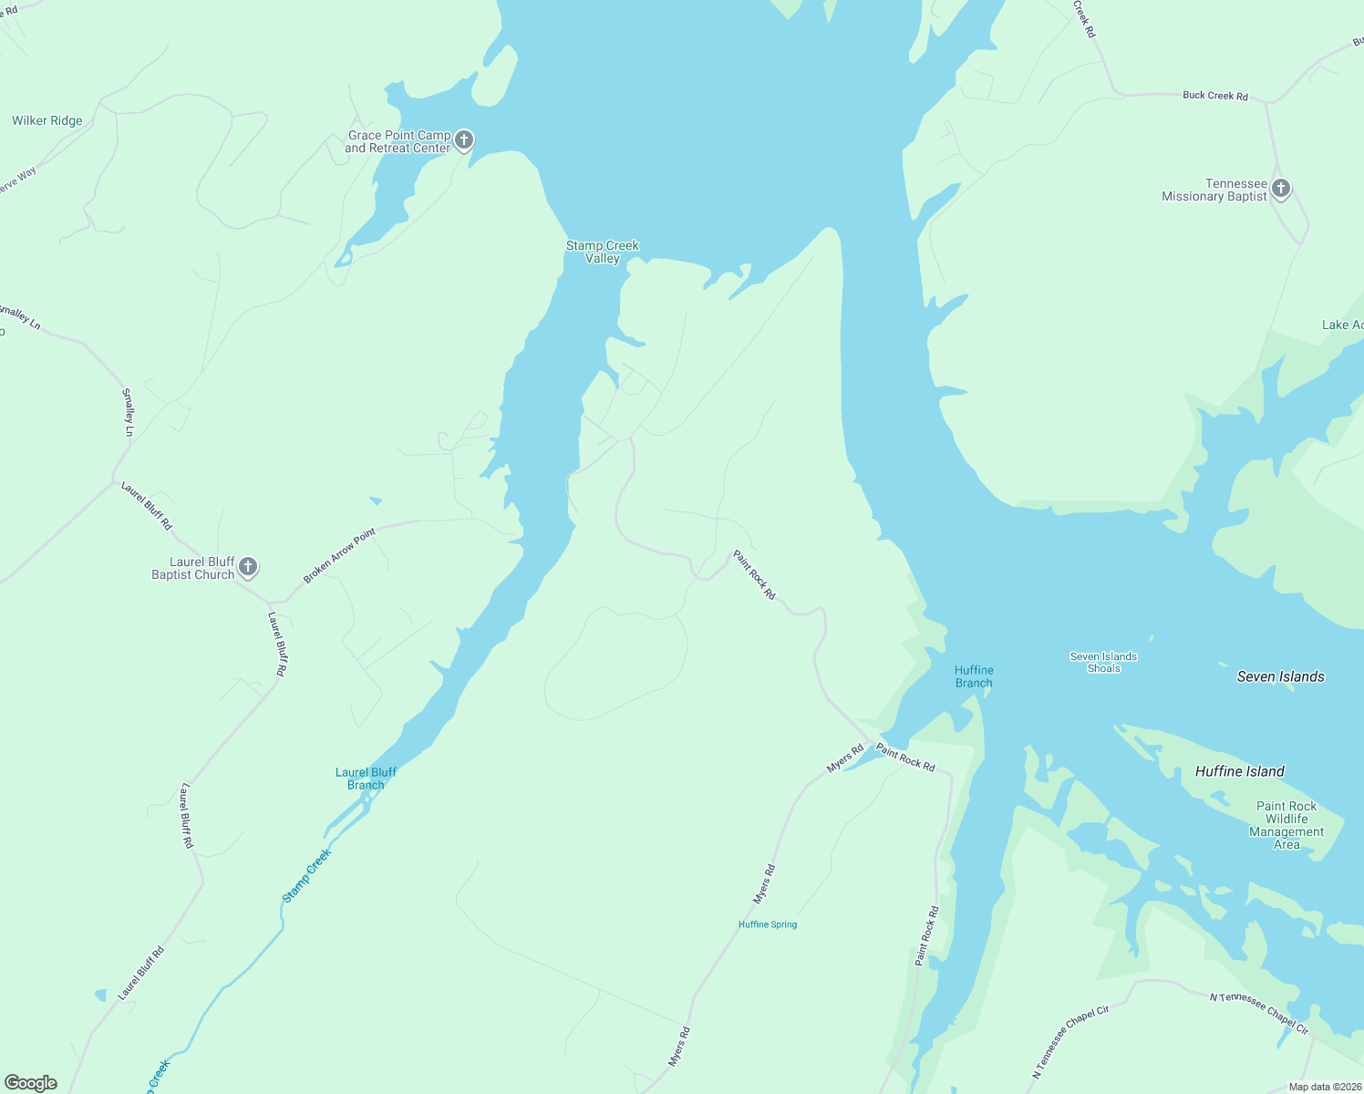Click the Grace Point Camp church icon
pyautogui.click(x=464, y=140)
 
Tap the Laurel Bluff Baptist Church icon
pyautogui.click(x=247, y=567)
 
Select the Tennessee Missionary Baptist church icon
pyautogui.click(x=1281, y=189)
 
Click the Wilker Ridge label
pyautogui.click(x=47, y=120)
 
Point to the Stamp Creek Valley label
pyautogui.click(x=602, y=252)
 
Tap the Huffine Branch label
pyautogui.click(x=974, y=676)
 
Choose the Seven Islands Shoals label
pyautogui.click(x=1103, y=662)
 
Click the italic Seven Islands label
pyautogui.click(x=1280, y=676)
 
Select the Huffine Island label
pyautogui.click(x=1239, y=771)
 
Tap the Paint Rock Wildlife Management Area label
pyautogui.click(x=1286, y=825)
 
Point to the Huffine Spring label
pyautogui.click(x=768, y=924)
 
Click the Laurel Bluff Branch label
pyautogui.click(x=366, y=779)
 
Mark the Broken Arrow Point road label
pyautogui.click(x=339, y=556)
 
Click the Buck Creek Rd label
pyautogui.click(x=1214, y=95)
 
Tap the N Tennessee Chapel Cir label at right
pyautogui.click(x=1259, y=1013)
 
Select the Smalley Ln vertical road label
pyautogui.click(x=128, y=412)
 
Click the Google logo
pyautogui.click(x=31, y=1083)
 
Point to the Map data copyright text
pyautogui.click(x=1324, y=1087)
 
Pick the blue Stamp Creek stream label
pyautogui.click(x=306, y=876)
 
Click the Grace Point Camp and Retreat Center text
pyautogui.click(x=398, y=141)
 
